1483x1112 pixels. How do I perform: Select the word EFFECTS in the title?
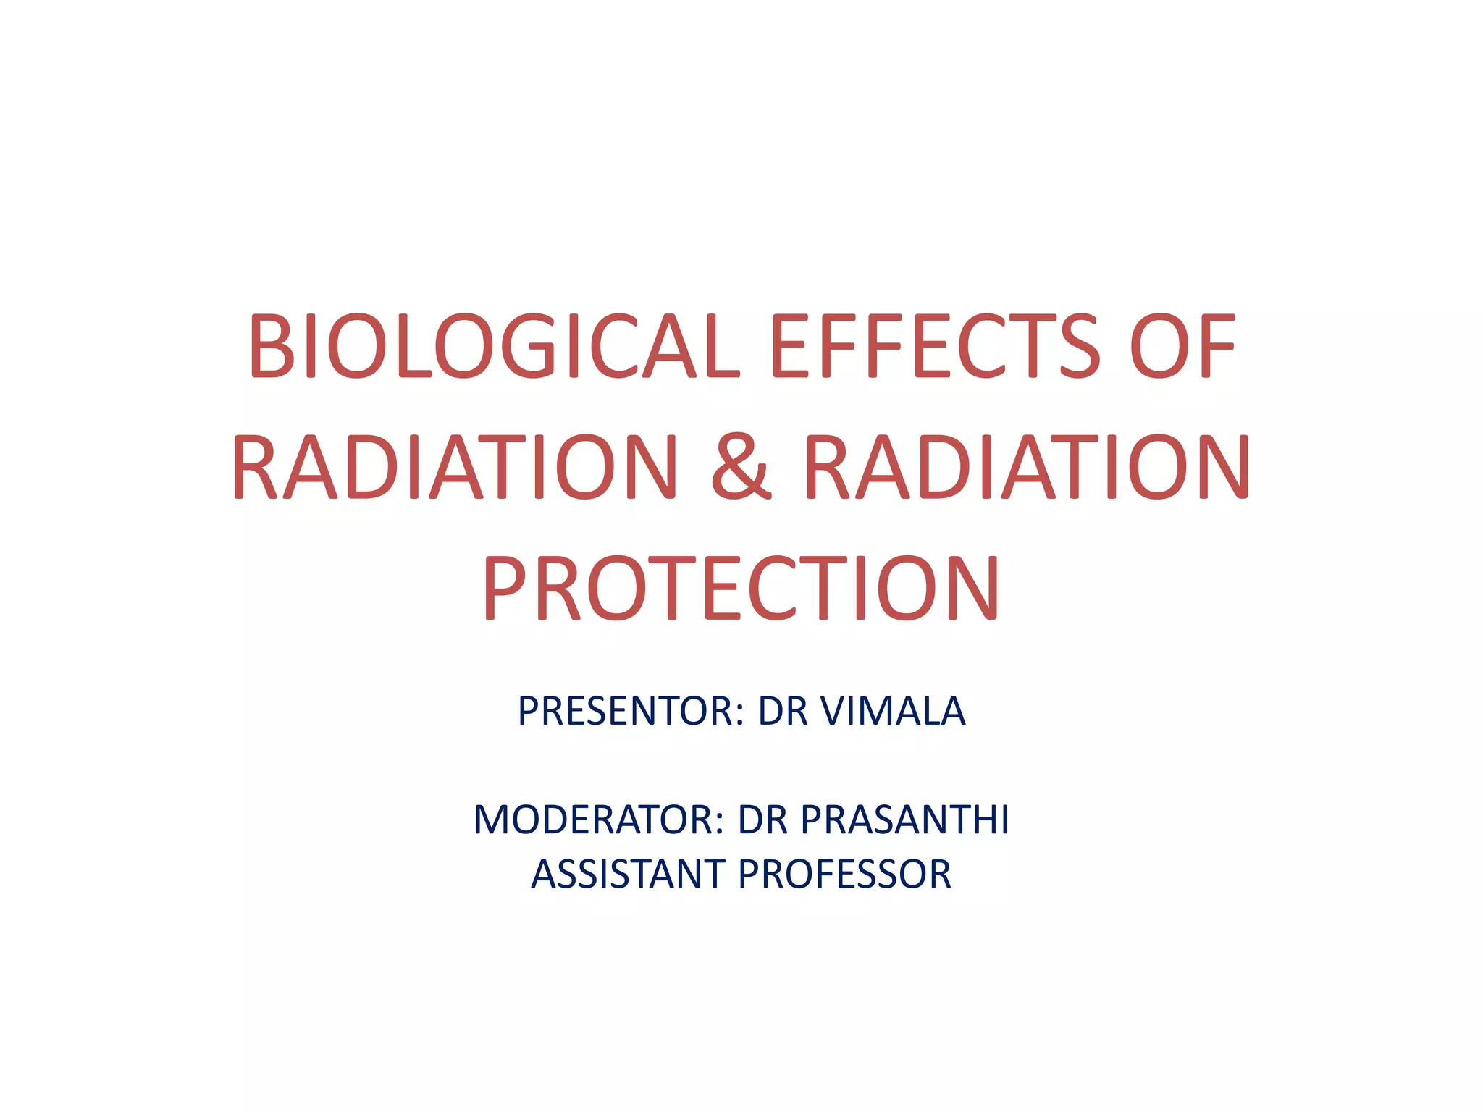point(933,346)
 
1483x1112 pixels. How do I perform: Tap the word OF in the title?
point(1181,346)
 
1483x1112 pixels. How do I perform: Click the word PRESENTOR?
point(627,711)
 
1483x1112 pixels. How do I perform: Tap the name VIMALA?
point(893,711)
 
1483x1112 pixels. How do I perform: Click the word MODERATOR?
point(595,820)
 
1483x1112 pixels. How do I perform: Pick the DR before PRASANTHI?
point(762,820)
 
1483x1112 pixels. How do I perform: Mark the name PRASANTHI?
point(905,820)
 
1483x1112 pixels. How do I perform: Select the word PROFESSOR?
point(844,875)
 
